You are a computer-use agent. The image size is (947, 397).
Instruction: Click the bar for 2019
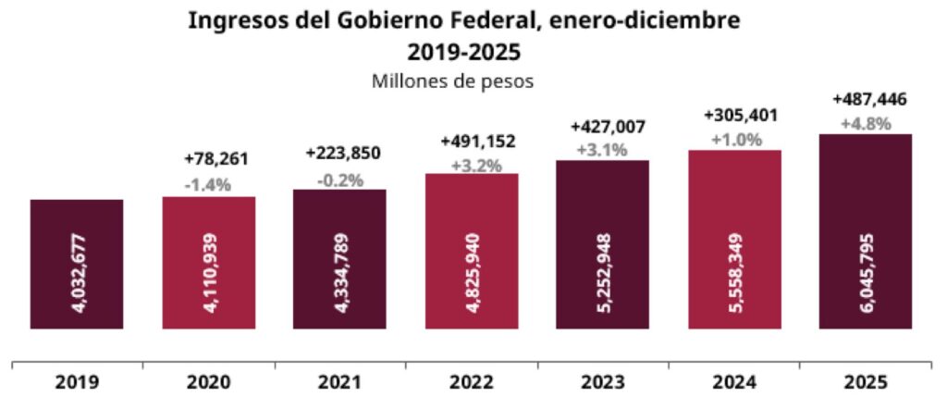[77, 264]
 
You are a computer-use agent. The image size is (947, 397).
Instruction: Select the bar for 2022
[472, 251]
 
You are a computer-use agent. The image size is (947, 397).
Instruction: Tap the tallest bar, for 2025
[866, 230]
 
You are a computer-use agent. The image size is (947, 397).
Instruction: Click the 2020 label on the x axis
[208, 381]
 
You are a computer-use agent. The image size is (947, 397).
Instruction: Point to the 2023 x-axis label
[603, 381]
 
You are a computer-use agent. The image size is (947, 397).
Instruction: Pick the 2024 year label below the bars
[734, 381]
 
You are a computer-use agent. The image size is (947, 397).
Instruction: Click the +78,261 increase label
[208, 160]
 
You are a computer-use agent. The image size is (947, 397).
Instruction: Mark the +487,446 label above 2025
[867, 99]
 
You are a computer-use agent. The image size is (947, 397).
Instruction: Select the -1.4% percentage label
[208, 184]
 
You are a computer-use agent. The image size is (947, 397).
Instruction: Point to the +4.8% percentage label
[867, 122]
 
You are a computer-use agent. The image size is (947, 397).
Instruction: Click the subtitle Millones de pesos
[453, 81]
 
